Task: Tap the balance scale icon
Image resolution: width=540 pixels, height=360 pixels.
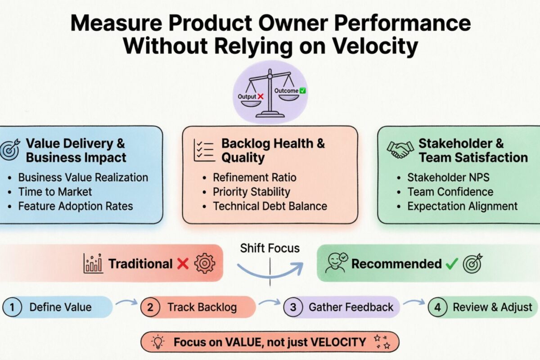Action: (x=269, y=94)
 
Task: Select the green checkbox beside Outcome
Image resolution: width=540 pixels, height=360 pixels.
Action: (x=303, y=90)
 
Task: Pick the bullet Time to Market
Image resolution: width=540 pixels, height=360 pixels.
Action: (x=55, y=192)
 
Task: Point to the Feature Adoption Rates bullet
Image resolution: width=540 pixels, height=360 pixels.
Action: (x=75, y=206)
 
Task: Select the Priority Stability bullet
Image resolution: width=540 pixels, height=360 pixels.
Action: (x=251, y=192)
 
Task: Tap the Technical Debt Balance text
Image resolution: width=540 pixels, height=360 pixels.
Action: (x=270, y=206)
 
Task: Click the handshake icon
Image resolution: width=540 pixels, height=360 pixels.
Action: (x=400, y=150)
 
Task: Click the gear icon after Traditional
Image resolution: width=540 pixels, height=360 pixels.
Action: (x=204, y=264)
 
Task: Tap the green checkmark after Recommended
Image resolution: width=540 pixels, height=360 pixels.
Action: (x=451, y=264)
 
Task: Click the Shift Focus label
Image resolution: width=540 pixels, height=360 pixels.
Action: (x=270, y=248)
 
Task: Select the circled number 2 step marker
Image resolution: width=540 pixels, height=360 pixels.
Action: (x=151, y=308)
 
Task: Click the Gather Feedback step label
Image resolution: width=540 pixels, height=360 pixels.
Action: (x=351, y=308)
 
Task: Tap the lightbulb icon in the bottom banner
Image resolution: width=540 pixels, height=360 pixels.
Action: (x=158, y=342)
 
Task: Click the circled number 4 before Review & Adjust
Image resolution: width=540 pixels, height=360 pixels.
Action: (x=437, y=308)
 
